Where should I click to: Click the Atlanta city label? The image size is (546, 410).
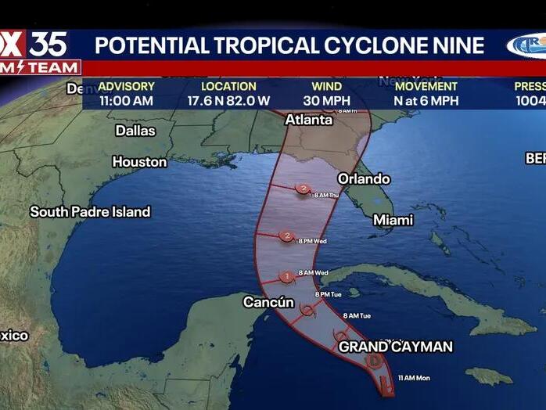(x=304, y=120)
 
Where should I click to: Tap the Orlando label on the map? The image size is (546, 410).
(x=363, y=178)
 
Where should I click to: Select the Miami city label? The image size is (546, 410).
(x=393, y=220)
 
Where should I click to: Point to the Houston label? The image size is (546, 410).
(x=139, y=162)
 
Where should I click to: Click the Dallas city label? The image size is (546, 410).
(x=135, y=131)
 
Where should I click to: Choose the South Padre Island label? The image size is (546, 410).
(x=90, y=211)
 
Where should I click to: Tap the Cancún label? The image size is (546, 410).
(x=268, y=302)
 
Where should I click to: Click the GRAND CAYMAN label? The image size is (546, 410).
(x=395, y=347)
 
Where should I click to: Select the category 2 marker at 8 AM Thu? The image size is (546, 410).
(x=304, y=189)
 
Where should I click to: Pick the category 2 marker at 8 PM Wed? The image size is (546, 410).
(x=287, y=236)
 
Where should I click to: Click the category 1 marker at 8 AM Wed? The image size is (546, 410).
(x=287, y=275)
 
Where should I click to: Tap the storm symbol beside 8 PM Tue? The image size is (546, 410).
(x=307, y=311)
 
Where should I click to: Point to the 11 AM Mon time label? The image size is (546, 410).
(x=414, y=378)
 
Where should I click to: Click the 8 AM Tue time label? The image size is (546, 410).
(x=356, y=315)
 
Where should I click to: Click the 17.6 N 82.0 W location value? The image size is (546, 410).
(x=228, y=100)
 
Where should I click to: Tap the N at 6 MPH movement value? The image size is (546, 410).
(x=426, y=100)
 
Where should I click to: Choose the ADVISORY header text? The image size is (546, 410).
(x=127, y=86)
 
